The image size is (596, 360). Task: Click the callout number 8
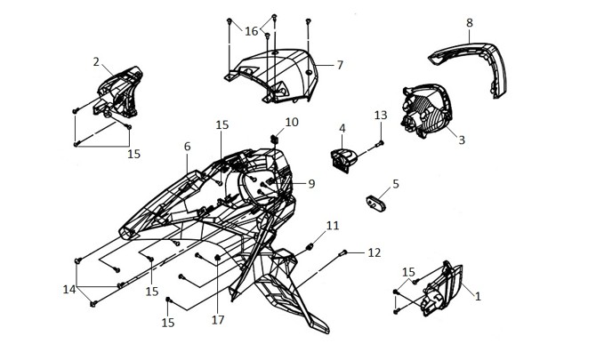click(470, 23)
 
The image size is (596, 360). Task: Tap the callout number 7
click(340, 65)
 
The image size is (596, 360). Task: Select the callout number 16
click(251, 31)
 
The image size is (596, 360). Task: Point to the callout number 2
click(96, 61)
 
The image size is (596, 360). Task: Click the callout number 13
click(381, 115)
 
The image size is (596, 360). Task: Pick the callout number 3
click(462, 140)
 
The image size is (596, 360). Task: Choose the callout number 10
click(292, 123)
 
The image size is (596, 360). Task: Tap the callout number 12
click(374, 252)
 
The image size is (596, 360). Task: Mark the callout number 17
click(218, 320)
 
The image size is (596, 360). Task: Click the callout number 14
click(69, 290)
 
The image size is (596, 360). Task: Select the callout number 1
click(478, 296)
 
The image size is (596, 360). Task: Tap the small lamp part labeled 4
click(344, 160)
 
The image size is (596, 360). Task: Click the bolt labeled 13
click(380, 143)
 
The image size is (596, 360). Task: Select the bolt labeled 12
click(342, 252)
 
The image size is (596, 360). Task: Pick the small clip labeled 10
click(275, 139)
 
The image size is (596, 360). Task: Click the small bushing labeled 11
click(310, 247)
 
